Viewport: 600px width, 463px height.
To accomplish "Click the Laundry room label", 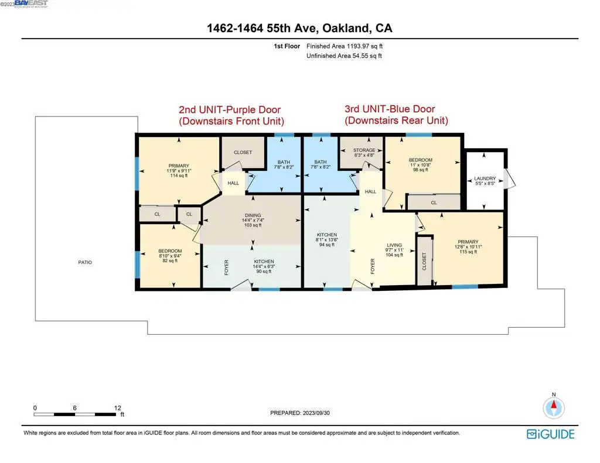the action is click(x=485, y=179).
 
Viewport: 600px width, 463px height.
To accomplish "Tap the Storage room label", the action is click(x=364, y=150).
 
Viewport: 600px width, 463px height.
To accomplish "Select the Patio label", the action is click(x=85, y=262).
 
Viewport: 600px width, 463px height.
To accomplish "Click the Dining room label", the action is click(x=253, y=215).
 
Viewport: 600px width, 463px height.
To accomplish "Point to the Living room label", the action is click(x=394, y=245).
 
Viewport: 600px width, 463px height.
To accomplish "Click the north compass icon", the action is click(x=554, y=407).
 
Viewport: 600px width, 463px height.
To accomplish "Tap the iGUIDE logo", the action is click(x=551, y=434).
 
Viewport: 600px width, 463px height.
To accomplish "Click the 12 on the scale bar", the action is click(x=117, y=408).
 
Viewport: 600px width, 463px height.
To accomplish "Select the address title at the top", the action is click(x=299, y=28).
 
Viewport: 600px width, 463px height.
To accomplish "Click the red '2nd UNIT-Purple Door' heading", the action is click(x=230, y=109).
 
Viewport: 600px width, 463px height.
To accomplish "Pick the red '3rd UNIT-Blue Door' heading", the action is click(x=390, y=109).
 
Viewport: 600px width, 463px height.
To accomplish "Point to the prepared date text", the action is click(x=300, y=413).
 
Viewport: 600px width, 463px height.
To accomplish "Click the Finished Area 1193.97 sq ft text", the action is click(x=345, y=46).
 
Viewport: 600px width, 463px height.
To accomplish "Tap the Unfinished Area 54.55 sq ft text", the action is click(x=344, y=56).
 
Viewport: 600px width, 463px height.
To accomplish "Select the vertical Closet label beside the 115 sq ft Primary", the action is click(x=424, y=261).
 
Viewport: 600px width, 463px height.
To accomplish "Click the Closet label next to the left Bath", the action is click(x=243, y=152).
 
